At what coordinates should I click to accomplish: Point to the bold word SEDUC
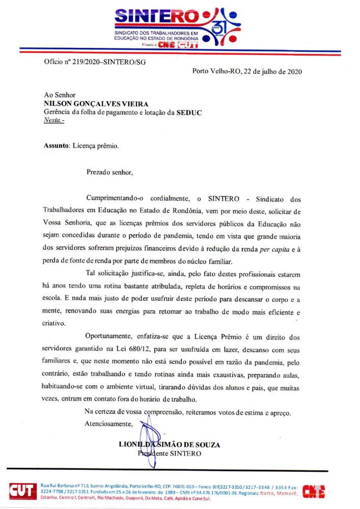[x=189, y=112]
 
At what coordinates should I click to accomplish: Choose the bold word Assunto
[x=56, y=146]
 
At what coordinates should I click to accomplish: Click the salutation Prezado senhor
[x=109, y=172]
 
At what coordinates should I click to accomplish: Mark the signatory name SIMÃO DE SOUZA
[x=189, y=444]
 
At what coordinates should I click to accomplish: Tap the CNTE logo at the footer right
[x=314, y=491]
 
